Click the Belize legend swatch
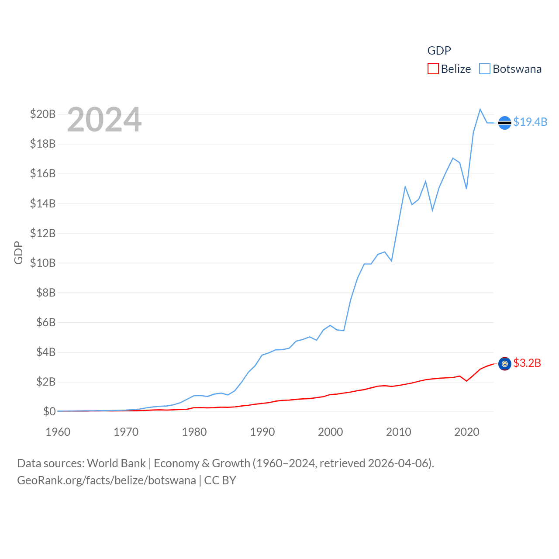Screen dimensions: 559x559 click(433, 69)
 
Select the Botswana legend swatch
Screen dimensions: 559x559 click(485, 69)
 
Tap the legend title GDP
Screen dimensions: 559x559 click(439, 51)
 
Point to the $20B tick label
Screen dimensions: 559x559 click(43, 114)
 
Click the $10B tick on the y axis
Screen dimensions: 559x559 click(43, 263)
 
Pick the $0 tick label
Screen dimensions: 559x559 click(49, 411)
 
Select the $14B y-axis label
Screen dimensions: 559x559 click(43, 204)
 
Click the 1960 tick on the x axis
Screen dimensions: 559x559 click(58, 432)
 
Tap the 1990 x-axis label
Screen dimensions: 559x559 click(262, 432)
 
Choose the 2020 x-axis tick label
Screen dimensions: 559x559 click(466, 432)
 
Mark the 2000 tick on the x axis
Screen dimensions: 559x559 click(330, 432)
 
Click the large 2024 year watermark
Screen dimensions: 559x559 click(104, 120)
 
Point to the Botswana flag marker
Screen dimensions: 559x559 click(504, 123)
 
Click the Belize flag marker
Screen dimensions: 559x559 click(504, 364)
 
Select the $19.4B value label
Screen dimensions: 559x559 click(530, 122)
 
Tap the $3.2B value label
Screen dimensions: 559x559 click(527, 363)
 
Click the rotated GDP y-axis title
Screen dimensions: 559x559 click(18, 252)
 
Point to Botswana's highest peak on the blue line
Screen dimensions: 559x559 click(480, 109)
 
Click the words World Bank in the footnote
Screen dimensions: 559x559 click(116, 463)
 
